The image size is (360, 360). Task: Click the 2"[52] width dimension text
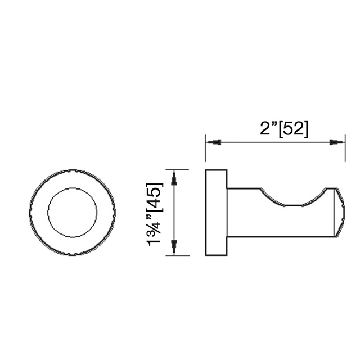tap(284, 129)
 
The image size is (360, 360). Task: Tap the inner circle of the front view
tap(72, 213)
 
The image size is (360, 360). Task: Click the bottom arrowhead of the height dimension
tap(174, 246)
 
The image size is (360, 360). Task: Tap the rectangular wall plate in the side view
tap(216, 213)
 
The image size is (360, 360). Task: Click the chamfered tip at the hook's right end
tap(339, 213)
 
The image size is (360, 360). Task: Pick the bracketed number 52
tap(294, 129)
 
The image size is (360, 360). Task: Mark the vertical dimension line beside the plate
tap(174, 213)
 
